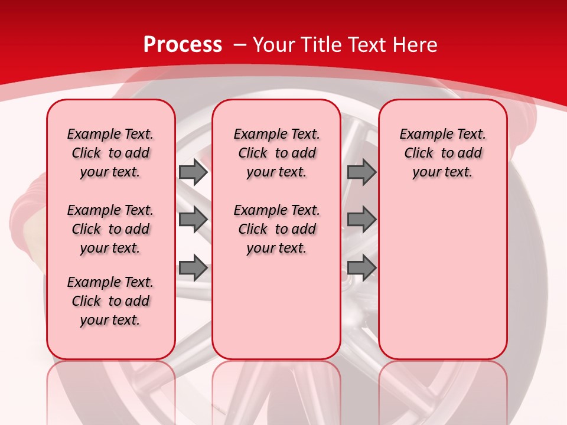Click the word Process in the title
(x=183, y=45)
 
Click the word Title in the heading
(x=322, y=45)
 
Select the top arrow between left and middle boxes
(x=193, y=172)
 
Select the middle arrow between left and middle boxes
(x=193, y=220)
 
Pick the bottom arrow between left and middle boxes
(x=193, y=269)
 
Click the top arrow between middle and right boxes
(x=361, y=172)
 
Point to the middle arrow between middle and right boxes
(x=361, y=220)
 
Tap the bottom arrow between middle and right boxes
(x=361, y=269)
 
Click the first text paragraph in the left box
(x=110, y=153)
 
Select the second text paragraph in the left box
(x=110, y=229)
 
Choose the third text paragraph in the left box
(x=110, y=301)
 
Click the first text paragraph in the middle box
(x=276, y=153)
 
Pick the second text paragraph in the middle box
(x=276, y=229)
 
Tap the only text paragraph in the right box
(x=442, y=153)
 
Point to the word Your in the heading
(x=275, y=45)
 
